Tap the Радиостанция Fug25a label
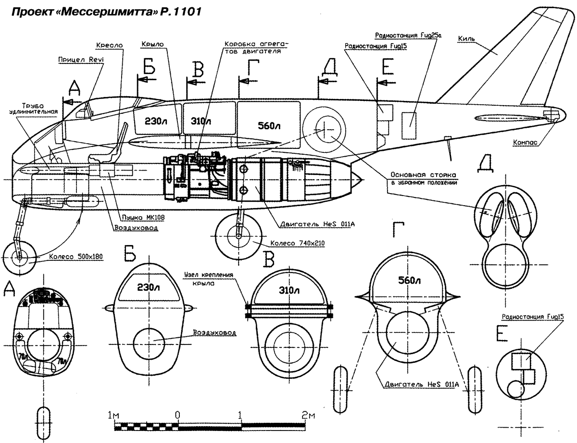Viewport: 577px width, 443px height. [x=404, y=36]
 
